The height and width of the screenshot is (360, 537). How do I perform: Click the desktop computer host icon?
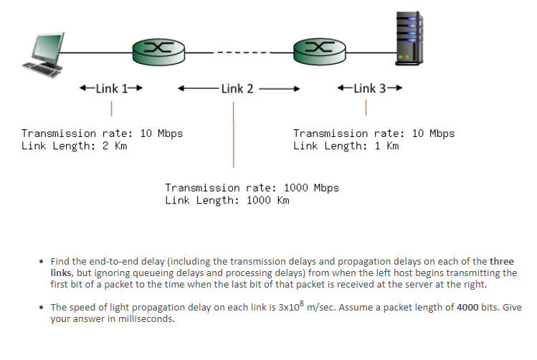pyautogui.click(x=45, y=55)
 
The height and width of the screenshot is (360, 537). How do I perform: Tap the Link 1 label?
pyautogui.click(x=111, y=89)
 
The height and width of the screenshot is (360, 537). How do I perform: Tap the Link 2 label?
pyautogui.click(x=237, y=89)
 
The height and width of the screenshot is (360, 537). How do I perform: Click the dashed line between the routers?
pyautogui.click(x=240, y=52)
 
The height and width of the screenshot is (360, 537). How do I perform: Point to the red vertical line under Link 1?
pyautogui.click(x=112, y=109)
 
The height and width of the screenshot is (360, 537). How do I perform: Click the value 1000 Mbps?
pyautogui.click(x=311, y=188)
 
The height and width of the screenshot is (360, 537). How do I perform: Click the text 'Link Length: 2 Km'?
pyautogui.click(x=74, y=146)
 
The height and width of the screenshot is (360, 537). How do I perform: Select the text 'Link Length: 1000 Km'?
pyautogui.click(x=227, y=200)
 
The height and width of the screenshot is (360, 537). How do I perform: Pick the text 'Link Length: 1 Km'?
pyautogui.click(x=346, y=146)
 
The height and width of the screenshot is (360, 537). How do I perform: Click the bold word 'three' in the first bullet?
pyautogui.click(x=501, y=261)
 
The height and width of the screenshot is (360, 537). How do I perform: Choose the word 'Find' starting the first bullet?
pyautogui.click(x=60, y=261)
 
